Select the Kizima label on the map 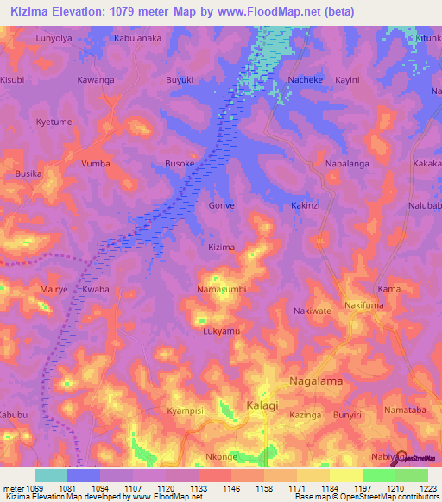tap(222, 248)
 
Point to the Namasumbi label tap(222, 289)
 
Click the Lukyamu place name tap(221, 331)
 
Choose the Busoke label tap(180, 163)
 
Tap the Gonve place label tap(222, 206)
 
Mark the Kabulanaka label tap(138, 39)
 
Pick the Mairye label tap(54, 290)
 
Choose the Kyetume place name tap(54, 122)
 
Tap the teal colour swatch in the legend tap(50, 475)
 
